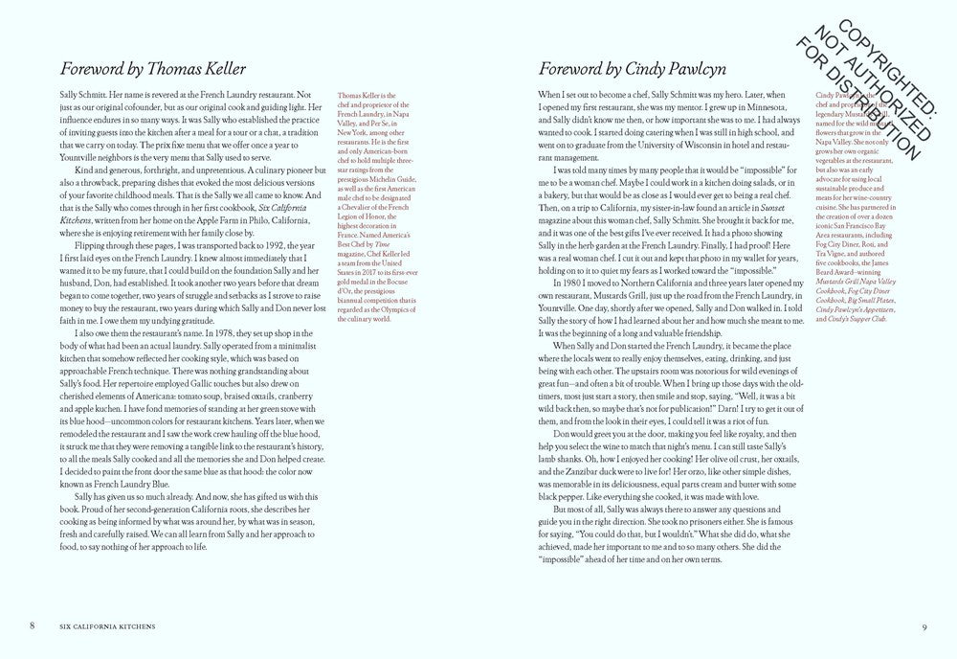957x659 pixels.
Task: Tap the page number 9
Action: pos(924,626)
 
